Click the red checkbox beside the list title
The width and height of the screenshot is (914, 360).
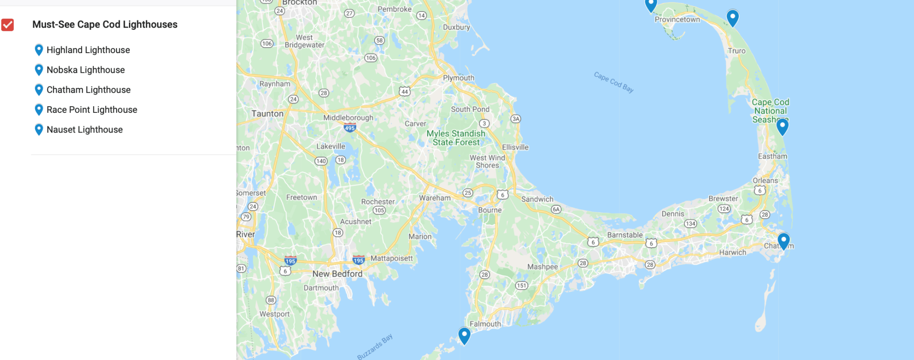click(x=8, y=25)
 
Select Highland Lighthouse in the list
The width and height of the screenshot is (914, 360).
click(x=88, y=50)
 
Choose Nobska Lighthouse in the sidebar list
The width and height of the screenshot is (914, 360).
click(x=85, y=70)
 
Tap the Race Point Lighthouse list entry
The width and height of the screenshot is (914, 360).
click(x=91, y=110)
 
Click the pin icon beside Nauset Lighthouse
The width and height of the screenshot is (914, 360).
click(x=39, y=129)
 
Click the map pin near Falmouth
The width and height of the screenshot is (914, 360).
click(x=464, y=335)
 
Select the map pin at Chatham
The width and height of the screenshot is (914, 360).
click(x=783, y=241)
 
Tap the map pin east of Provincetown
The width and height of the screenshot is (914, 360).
click(x=732, y=17)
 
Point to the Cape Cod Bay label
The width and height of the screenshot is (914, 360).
click(x=614, y=82)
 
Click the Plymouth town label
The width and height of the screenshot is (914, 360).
click(x=458, y=78)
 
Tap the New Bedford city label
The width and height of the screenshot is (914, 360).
click(x=337, y=274)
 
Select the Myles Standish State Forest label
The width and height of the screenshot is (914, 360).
click(x=456, y=138)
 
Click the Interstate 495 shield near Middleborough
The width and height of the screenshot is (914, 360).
click(x=349, y=128)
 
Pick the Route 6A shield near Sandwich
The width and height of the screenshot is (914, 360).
click(x=556, y=209)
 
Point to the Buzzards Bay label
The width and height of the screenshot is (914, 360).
click(x=375, y=346)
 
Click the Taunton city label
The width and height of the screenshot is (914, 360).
click(x=267, y=114)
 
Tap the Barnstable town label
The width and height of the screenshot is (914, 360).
click(x=625, y=235)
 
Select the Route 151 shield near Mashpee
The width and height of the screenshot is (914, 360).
click(x=521, y=286)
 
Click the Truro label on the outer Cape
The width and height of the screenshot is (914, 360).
click(x=736, y=51)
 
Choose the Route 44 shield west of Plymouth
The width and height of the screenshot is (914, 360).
click(x=404, y=91)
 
